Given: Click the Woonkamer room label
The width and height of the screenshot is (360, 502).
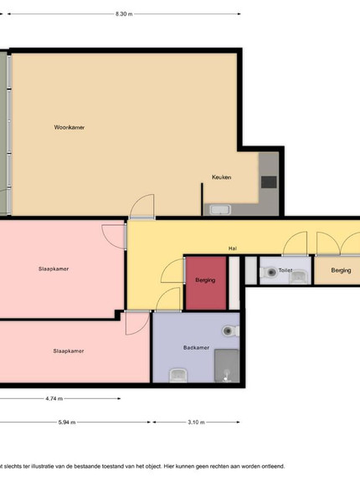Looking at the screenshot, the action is [69, 127].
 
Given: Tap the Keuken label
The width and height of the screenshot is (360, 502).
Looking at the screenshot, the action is [221, 177].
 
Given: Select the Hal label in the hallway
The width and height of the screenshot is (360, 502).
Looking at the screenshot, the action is [233, 248].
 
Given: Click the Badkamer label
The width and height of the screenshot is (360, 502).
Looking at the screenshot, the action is [197, 348].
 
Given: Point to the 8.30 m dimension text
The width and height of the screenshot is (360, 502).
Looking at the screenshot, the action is [124, 14].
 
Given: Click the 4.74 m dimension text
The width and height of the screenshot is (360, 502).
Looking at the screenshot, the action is [54, 398].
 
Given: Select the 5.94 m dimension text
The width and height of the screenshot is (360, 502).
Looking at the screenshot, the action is [67, 423].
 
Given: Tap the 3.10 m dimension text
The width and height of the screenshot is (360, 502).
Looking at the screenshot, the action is [197, 423].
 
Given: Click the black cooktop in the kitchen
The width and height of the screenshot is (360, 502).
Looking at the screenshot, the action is [269, 182].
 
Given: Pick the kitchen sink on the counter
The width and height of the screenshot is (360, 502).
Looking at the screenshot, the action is [220, 210].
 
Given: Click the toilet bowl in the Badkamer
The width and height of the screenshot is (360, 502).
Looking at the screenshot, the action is [230, 330].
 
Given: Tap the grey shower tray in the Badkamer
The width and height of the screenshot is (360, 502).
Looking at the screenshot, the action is [227, 366].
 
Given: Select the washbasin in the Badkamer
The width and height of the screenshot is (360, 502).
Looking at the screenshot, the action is [178, 375].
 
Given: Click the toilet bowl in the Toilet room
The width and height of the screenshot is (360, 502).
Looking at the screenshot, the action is [269, 273].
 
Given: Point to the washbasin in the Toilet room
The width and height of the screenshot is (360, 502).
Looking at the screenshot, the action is [299, 277].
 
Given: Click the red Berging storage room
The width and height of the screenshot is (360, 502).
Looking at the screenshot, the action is [206, 284].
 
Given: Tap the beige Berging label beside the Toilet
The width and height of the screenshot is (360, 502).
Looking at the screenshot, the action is [341, 270].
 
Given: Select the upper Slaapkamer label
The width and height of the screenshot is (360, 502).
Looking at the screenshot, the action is [54, 269].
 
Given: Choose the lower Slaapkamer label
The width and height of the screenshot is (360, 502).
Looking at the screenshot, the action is [69, 351].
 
